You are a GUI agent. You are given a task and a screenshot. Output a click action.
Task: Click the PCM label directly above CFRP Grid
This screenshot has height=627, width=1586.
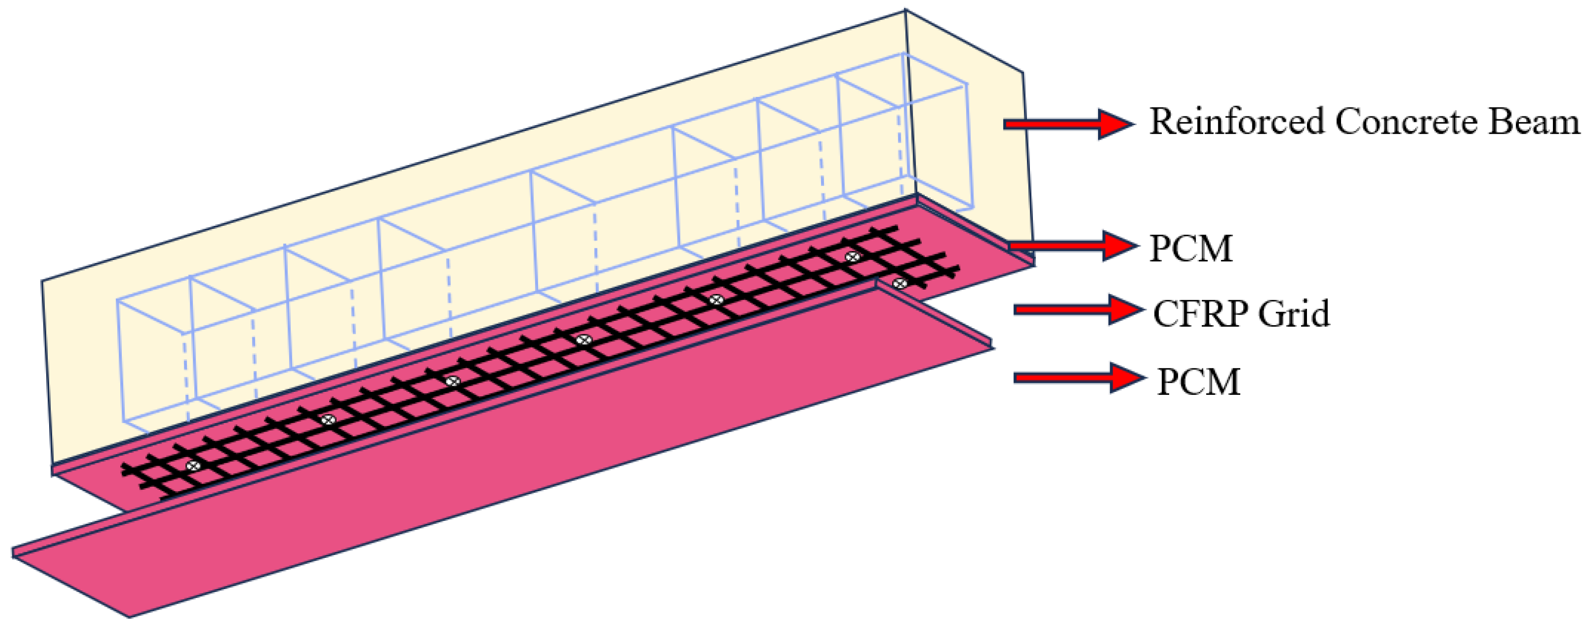tap(1192, 249)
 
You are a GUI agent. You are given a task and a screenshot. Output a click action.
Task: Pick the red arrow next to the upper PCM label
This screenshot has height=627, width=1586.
tap(1072, 245)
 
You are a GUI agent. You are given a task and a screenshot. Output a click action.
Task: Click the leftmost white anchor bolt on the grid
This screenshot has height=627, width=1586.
tap(193, 466)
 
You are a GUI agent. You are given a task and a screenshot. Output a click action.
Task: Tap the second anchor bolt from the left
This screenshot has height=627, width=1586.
tap(329, 420)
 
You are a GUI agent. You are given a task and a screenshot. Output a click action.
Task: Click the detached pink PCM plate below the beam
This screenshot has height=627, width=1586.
tap(492, 480)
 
